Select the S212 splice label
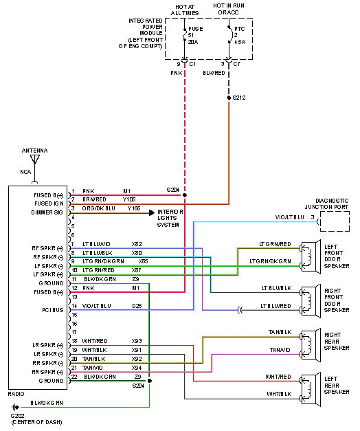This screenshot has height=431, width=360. [x=239, y=98]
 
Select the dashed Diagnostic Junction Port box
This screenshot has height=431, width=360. [x=334, y=221]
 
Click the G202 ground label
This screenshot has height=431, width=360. [x=17, y=416]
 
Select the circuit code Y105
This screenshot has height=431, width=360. [x=130, y=199]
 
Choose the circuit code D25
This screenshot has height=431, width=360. [x=137, y=305]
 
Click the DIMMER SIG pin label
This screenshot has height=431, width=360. [x=47, y=212]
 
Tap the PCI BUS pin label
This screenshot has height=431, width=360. [x=53, y=310]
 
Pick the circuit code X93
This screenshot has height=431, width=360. [x=137, y=341]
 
